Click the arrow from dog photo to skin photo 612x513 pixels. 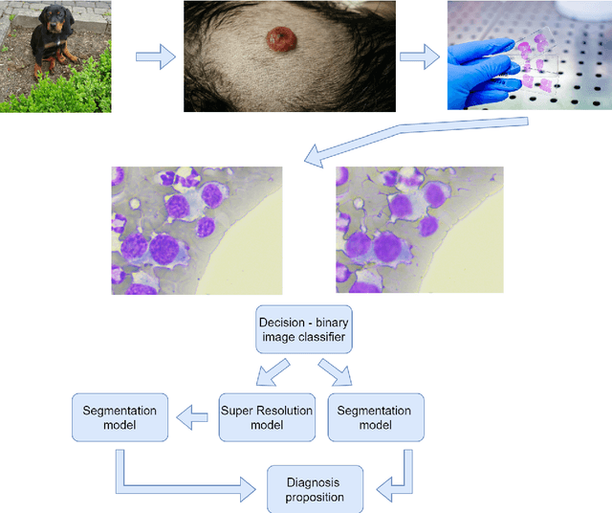coord(155,57)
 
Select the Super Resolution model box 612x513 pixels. coord(267,417)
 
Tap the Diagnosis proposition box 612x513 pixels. coord(314,488)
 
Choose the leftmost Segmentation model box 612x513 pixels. coord(120,417)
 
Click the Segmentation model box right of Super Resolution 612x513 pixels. coord(375,417)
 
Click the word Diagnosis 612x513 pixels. coord(314,481)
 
